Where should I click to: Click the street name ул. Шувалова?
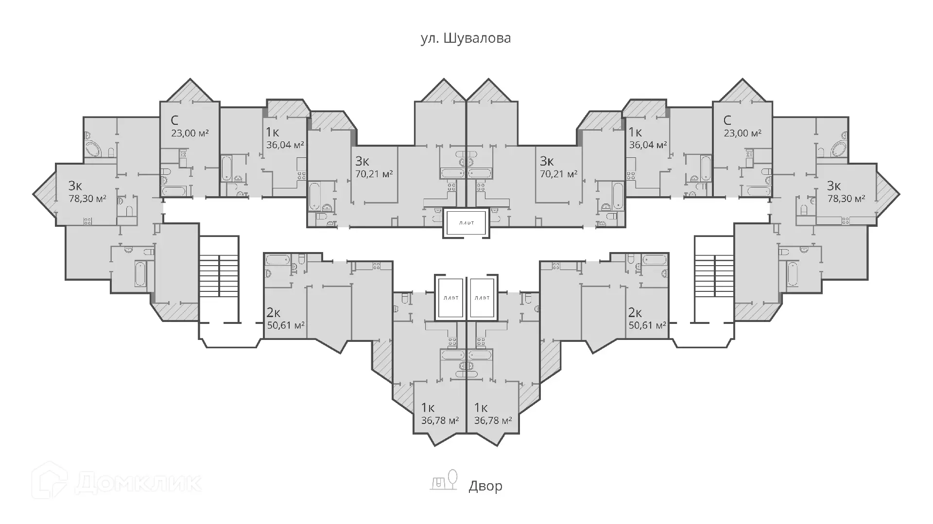pyautogui.click(x=466, y=38)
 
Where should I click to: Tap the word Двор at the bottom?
pyautogui.click(x=485, y=486)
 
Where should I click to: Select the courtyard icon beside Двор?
pyautogui.click(x=444, y=480)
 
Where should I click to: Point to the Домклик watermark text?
pyautogui.click(x=138, y=483)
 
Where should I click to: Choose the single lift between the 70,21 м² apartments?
pyautogui.click(x=466, y=223)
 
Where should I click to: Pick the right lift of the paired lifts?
pyautogui.click(x=482, y=298)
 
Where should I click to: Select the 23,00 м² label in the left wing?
pyautogui.click(x=190, y=133)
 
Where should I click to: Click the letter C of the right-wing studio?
pyautogui.click(x=727, y=120)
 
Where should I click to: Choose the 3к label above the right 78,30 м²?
pyautogui.click(x=834, y=186)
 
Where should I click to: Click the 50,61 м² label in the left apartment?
pyautogui.click(x=286, y=325)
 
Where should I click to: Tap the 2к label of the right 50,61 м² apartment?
pyautogui.click(x=635, y=312)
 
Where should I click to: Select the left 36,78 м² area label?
pyautogui.click(x=440, y=420)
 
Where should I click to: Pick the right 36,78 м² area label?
pyautogui.click(x=493, y=420)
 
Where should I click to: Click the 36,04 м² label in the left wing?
pyautogui.click(x=285, y=145)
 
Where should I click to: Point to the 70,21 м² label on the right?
pyautogui.click(x=559, y=173)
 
